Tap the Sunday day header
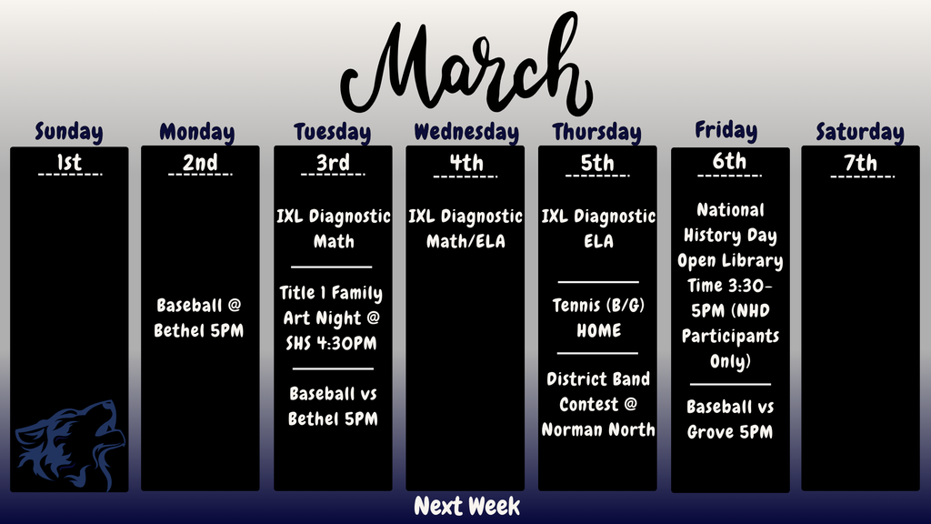tap(69, 132)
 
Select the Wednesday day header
tap(466, 132)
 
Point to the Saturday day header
tap(859, 132)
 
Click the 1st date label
tap(69, 163)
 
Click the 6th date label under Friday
tap(729, 162)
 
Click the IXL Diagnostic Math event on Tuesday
tap(334, 229)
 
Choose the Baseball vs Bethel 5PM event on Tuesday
tap(333, 407)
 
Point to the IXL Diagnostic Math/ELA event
tap(465, 229)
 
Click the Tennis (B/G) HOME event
tap(598, 317)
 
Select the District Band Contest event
tap(598, 404)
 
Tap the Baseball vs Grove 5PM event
tap(730, 419)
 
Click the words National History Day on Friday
tap(730, 223)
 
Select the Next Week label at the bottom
tap(466, 506)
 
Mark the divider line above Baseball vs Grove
tap(730, 385)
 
